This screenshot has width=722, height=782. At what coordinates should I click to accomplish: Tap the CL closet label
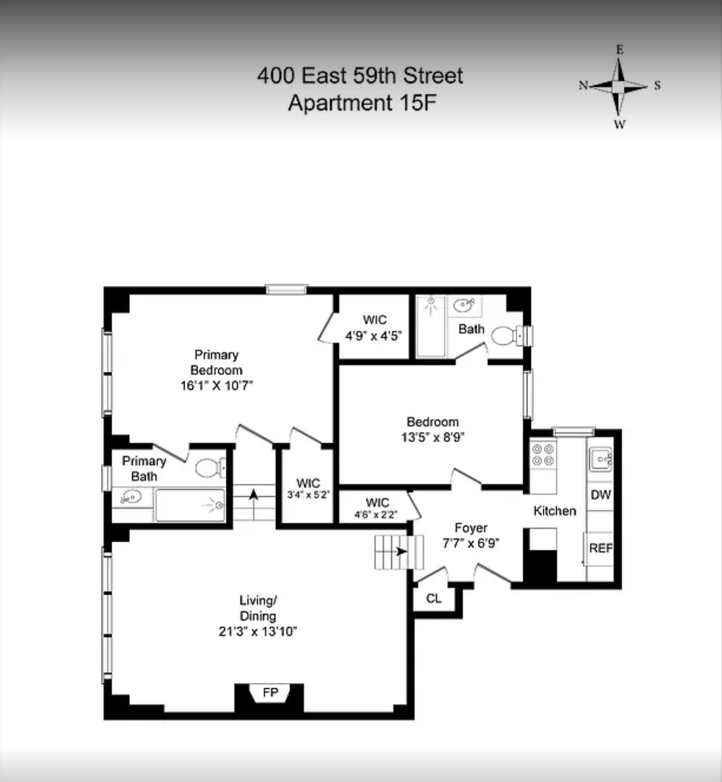coord(434,598)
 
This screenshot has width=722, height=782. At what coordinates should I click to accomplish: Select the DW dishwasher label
coord(600,495)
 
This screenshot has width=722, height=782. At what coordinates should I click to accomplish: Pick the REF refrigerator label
coord(601,548)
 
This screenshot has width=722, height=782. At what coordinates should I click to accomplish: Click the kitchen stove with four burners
coord(543,454)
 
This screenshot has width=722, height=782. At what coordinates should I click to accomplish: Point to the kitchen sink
coord(601,459)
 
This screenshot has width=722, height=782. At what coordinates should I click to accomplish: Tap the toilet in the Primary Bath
coord(211,468)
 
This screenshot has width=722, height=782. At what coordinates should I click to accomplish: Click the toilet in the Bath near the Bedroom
coord(511,336)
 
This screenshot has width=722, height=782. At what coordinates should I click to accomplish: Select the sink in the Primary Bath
coord(132,497)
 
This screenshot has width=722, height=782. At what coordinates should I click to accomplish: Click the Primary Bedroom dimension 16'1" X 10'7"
coord(217,386)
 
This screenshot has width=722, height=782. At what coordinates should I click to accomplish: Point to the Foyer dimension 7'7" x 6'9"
coord(470,543)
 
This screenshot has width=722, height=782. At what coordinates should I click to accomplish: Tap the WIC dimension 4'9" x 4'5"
coord(374,336)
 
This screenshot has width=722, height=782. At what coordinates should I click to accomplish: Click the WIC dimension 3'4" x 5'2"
coord(308,495)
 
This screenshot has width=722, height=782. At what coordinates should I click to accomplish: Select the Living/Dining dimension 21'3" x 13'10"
coord(258,631)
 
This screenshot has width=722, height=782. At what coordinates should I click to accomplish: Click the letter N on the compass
coord(583,85)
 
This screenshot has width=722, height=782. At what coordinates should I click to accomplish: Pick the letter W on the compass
coord(620,124)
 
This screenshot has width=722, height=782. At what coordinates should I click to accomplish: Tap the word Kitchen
coord(554,511)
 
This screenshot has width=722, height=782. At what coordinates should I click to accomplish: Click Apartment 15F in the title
coord(362,103)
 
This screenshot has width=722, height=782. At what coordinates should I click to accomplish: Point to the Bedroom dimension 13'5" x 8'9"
coord(432,437)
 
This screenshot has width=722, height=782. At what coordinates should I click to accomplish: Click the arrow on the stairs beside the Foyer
coord(401,552)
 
